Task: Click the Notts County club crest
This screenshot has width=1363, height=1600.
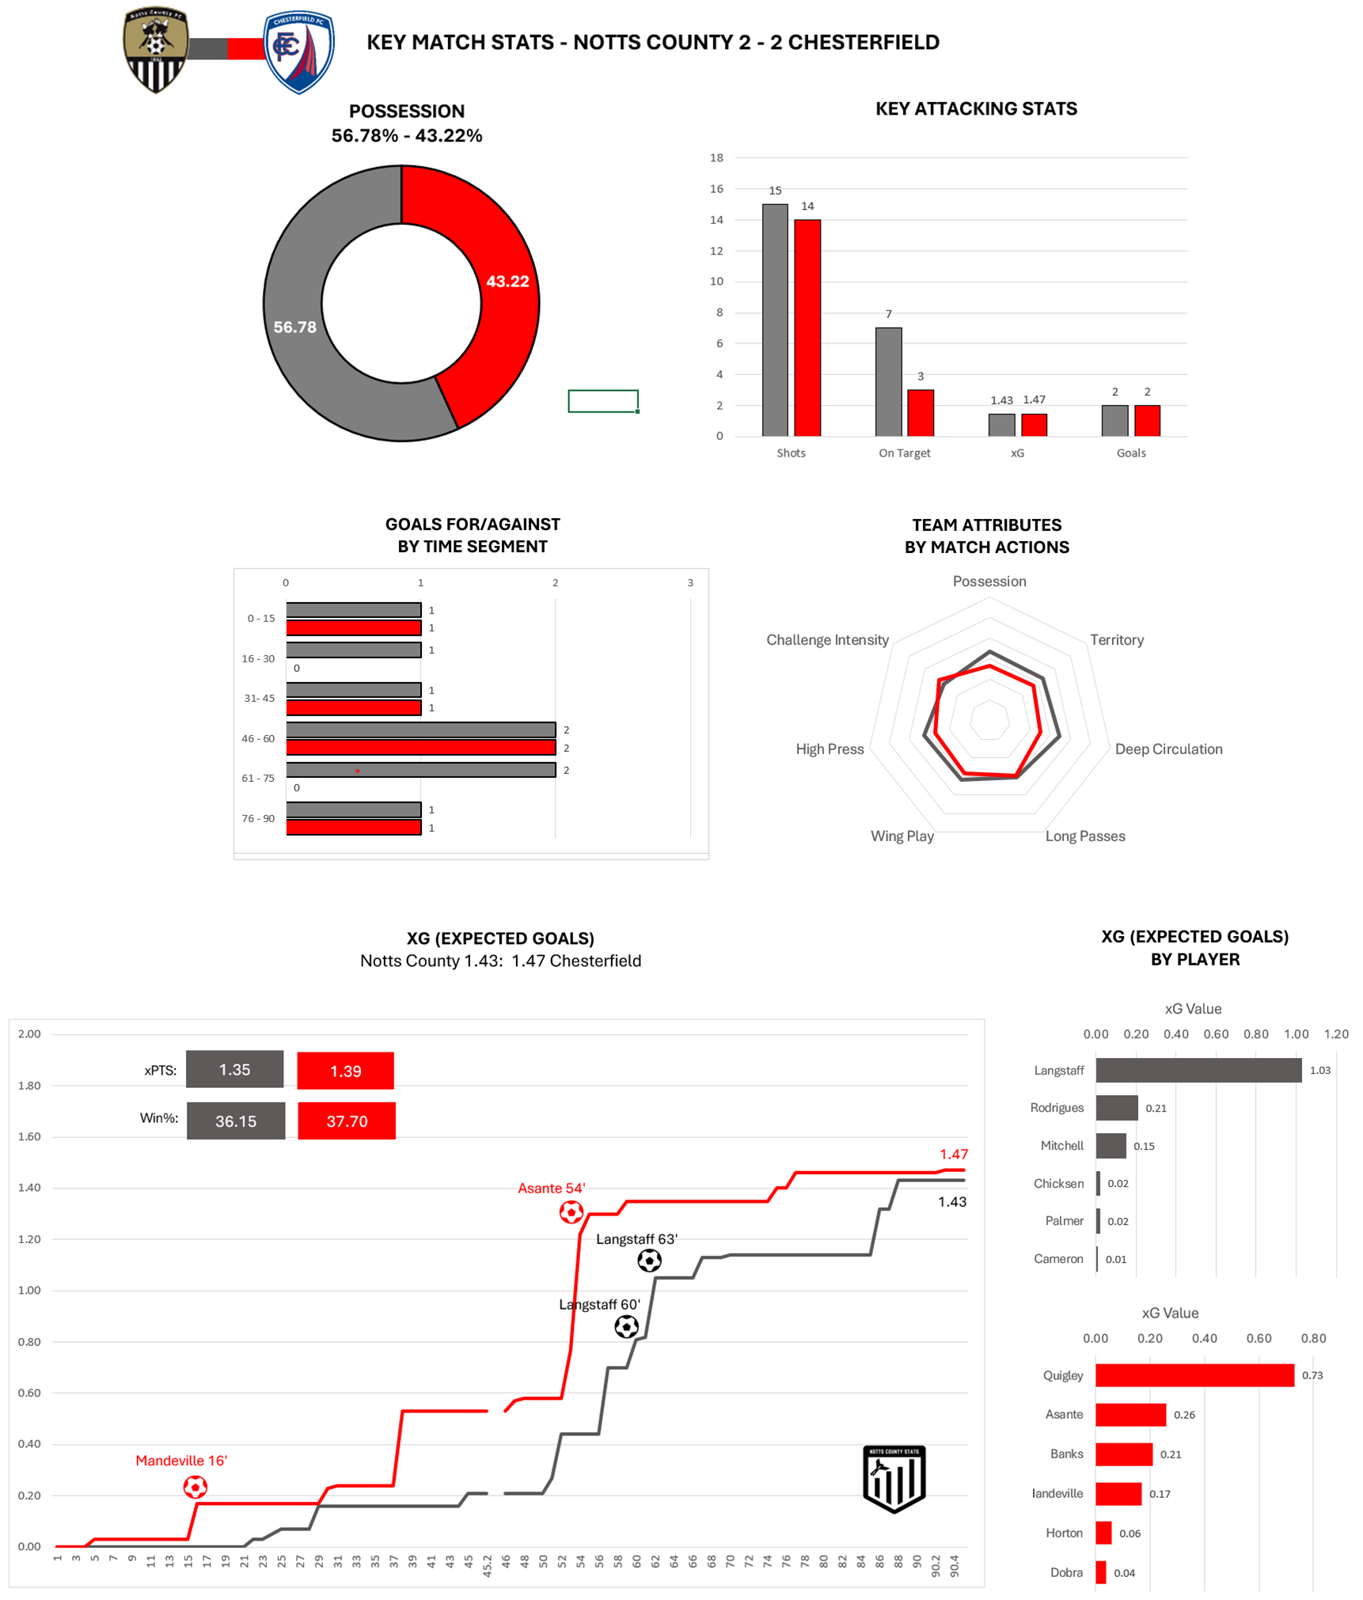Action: pos(155,51)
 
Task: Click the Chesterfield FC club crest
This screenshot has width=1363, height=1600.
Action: pos(298,52)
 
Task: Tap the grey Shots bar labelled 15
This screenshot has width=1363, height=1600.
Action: pos(775,320)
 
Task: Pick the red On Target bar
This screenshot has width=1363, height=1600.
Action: pos(921,412)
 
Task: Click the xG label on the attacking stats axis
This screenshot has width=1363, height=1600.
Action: pos(1017,453)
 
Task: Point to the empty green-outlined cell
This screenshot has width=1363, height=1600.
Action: pos(602,401)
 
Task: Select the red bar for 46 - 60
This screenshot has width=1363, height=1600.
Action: pos(420,747)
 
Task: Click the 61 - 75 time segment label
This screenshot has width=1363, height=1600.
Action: pos(258,778)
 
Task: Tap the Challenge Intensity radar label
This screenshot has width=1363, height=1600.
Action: pos(827,639)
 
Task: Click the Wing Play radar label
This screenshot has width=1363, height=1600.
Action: pos(902,836)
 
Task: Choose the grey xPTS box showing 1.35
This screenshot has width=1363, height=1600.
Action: pos(234,1069)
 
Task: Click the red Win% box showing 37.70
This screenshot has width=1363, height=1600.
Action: pos(347,1120)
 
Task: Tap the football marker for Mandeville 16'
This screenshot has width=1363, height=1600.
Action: pos(195,1487)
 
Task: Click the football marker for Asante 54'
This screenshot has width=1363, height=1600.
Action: pos(571,1211)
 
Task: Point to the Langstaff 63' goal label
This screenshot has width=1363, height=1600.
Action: pos(636,1238)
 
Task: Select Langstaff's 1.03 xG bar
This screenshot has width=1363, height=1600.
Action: pos(1198,1070)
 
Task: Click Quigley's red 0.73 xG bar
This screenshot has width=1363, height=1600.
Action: pos(1194,1374)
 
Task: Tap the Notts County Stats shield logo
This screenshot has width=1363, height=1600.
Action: pos(894,1478)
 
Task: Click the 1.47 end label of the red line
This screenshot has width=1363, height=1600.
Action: pos(954,1154)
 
